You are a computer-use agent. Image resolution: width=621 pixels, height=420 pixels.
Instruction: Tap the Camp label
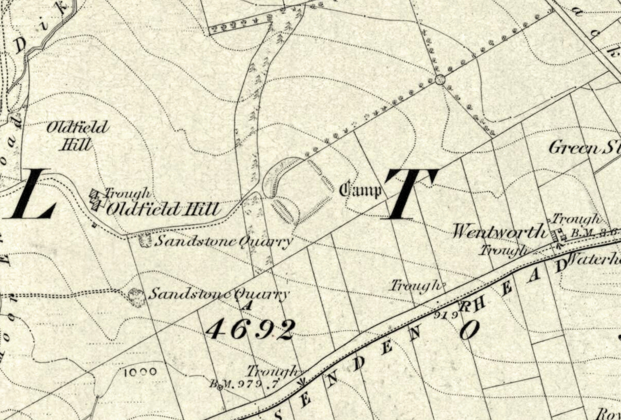[361, 190]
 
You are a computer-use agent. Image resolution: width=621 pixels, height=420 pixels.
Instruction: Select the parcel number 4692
[250, 329]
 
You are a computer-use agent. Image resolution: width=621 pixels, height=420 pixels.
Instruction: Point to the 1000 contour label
[140, 372]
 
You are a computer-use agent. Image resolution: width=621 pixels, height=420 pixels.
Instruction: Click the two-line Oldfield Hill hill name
[76, 135]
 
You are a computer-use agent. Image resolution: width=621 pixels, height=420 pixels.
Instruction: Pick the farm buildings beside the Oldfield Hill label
[96, 199]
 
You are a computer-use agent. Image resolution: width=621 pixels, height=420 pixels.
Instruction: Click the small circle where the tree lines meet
[439, 79]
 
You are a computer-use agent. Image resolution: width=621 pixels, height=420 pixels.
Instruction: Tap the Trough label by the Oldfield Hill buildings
[128, 193]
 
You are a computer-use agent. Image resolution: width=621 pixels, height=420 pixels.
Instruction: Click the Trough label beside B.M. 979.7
[272, 370]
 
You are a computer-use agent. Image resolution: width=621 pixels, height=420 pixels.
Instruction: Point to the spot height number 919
[445, 314]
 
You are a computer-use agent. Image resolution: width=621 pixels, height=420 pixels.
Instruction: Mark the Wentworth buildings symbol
[556, 236]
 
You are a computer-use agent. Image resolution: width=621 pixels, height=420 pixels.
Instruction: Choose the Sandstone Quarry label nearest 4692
[218, 294]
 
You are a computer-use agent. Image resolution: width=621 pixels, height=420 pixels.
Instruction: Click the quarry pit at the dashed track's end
[137, 297]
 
